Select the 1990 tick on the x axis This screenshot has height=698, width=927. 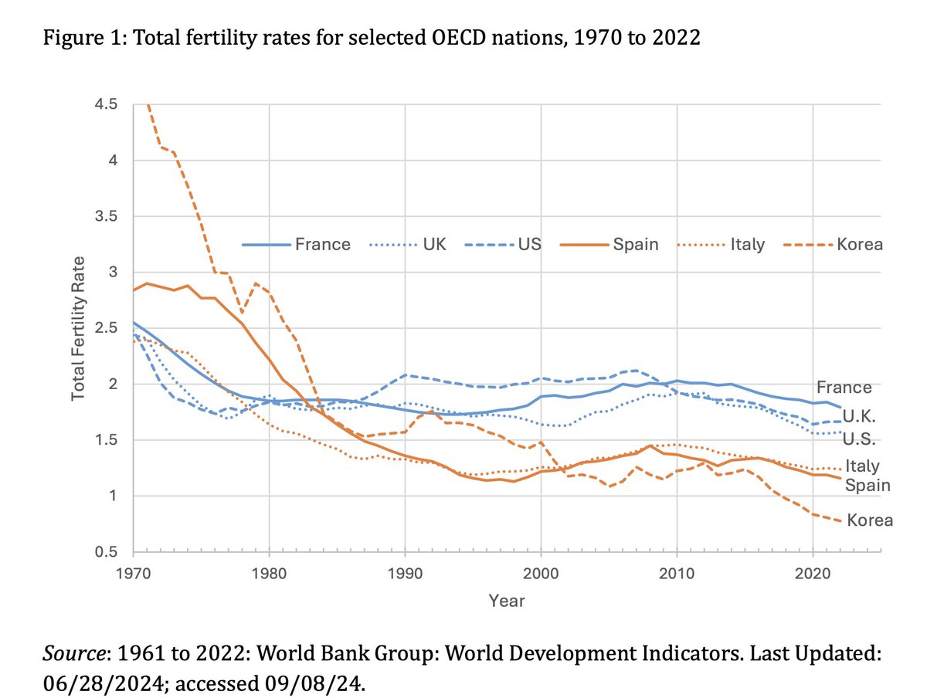tap(405, 574)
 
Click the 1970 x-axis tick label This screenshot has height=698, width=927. tap(133, 574)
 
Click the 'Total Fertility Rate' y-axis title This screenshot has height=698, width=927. tap(78, 328)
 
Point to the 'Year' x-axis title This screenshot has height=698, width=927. tap(506, 601)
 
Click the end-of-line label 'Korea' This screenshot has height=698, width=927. tap(870, 520)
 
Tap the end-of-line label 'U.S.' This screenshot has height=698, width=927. tap(857, 440)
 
